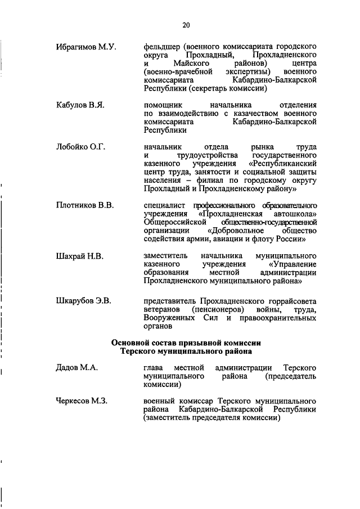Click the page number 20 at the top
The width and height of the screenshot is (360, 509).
(186, 24)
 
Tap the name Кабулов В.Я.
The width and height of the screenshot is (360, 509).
(80, 104)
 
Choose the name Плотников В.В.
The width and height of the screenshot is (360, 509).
(85, 205)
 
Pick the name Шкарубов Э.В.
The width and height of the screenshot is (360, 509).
(84, 301)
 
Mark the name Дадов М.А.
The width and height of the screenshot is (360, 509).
(77, 367)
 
